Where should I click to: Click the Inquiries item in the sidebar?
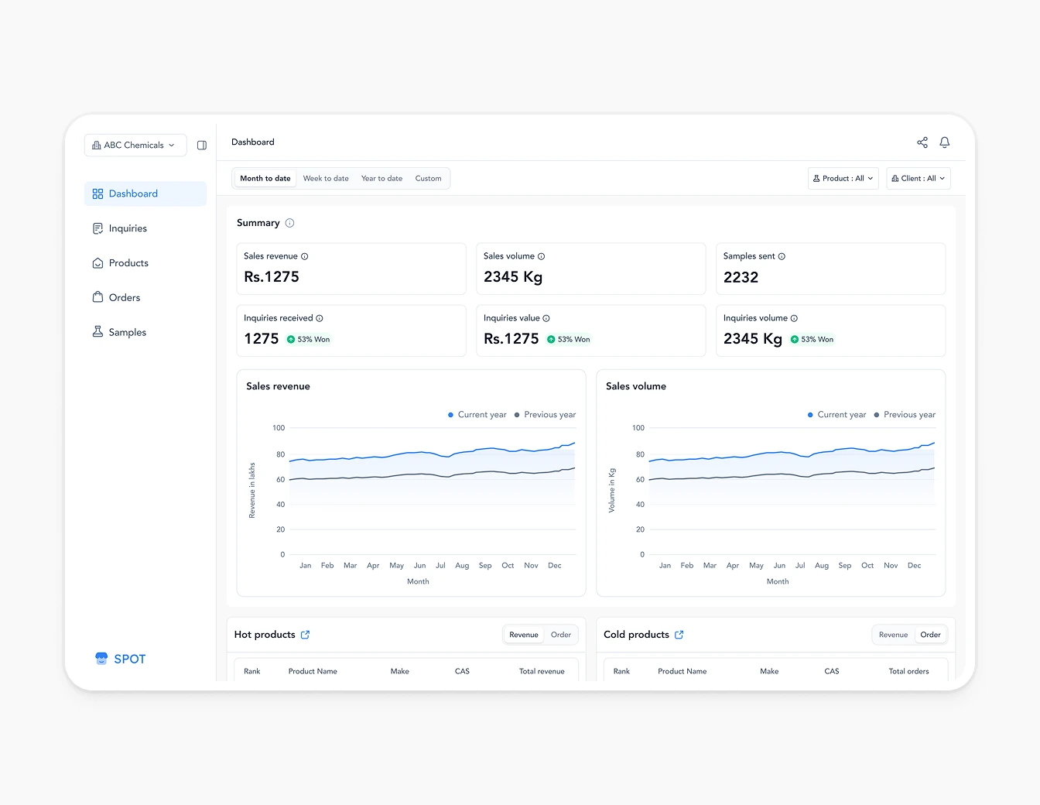(x=128, y=228)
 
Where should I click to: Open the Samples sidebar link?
(x=127, y=332)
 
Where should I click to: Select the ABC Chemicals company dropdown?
(x=135, y=146)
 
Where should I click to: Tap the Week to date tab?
(x=326, y=179)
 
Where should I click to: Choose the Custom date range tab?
(x=428, y=179)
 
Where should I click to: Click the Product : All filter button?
(x=843, y=179)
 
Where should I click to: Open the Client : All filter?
(x=918, y=179)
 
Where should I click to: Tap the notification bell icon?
(x=945, y=142)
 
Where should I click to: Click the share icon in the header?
(x=922, y=142)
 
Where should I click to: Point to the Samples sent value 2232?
(x=741, y=277)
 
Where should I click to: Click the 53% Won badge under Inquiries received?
(x=309, y=339)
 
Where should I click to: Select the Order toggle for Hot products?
(x=561, y=635)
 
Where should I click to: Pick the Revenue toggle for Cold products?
(x=893, y=635)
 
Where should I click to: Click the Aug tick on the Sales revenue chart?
(x=462, y=566)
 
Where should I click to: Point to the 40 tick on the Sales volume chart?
(x=640, y=505)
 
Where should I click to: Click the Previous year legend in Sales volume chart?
(x=905, y=415)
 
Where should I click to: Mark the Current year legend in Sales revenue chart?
(x=477, y=415)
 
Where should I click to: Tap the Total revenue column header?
(x=542, y=671)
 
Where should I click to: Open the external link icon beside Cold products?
(x=679, y=635)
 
